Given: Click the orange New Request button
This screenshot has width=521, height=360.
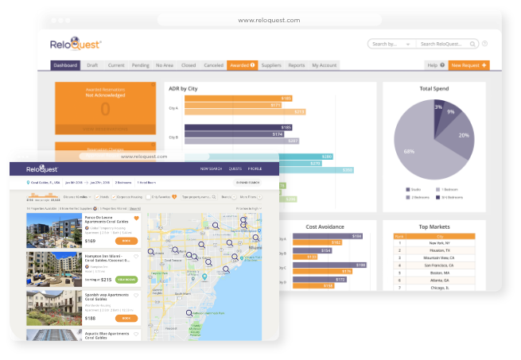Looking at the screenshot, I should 469,65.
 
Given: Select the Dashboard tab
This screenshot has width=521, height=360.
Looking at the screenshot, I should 65,65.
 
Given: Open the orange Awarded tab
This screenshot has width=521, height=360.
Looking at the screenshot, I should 241,65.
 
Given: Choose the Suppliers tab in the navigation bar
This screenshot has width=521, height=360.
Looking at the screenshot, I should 271,65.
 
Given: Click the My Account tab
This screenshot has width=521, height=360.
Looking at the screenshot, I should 324,65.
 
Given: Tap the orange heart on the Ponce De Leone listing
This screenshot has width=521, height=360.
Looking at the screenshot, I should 137,218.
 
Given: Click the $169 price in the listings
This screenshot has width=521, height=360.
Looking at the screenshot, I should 91,240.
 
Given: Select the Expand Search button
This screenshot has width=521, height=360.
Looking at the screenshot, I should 248,183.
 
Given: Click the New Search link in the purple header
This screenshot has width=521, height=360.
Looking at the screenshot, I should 211,168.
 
